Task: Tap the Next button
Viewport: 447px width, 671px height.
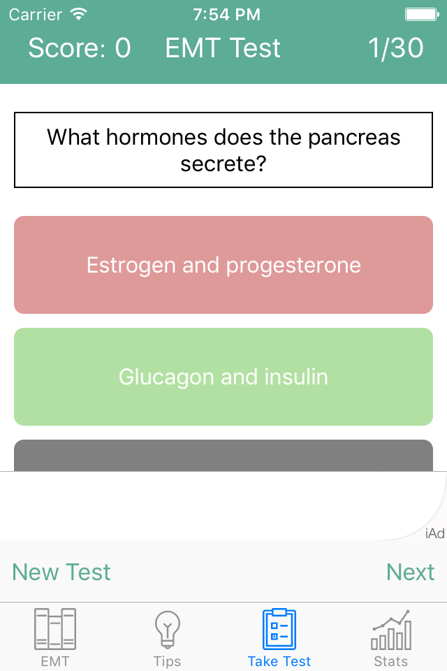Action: (x=410, y=572)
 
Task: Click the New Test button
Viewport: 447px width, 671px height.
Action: (x=61, y=572)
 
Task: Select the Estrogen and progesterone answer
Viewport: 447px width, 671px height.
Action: (x=223, y=265)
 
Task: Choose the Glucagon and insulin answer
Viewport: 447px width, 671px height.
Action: (x=223, y=377)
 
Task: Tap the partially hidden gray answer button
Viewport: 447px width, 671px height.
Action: (x=223, y=455)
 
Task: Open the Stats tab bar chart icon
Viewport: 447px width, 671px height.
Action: (x=391, y=630)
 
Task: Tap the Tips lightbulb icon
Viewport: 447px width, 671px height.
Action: (x=167, y=629)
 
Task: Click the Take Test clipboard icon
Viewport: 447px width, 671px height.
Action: (x=279, y=629)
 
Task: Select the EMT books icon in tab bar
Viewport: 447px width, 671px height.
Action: (x=55, y=629)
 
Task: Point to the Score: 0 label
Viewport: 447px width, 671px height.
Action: (x=80, y=48)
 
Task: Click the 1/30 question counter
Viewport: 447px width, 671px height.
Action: (x=396, y=48)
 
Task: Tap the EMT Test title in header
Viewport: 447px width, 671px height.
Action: (x=223, y=48)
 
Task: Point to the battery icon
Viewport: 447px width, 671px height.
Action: (x=422, y=15)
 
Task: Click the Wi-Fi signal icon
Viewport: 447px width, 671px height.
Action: (x=79, y=14)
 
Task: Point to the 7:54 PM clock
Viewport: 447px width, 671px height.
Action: (x=226, y=15)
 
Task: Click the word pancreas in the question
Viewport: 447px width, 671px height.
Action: (x=354, y=138)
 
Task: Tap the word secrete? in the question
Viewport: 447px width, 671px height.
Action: (x=223, y=164)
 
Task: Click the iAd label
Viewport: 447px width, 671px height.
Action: (x=435, y=533)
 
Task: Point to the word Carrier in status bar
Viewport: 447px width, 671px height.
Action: (x=36, y=15)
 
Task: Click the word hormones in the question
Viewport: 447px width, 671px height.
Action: (x=157, y=138)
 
